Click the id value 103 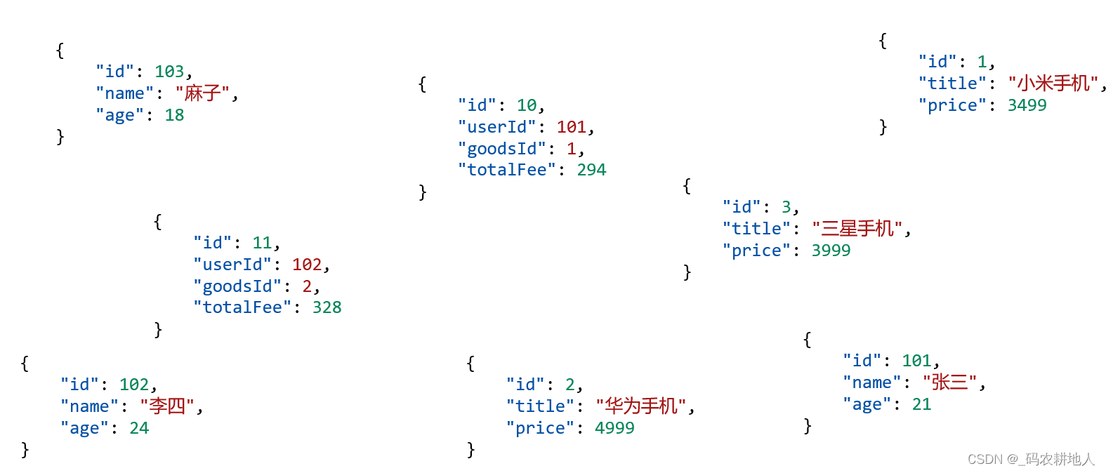point(169,72)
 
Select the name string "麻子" point(203,93)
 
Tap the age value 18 point(174,115)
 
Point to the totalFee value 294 point(591,170)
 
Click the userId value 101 point(572,127)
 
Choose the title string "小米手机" point(1053,84)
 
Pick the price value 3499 point(1027,105)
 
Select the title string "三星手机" point(857,229)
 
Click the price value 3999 point(831,251)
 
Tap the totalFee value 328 point(327,307)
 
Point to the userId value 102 point(307,265)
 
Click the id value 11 point(262,243)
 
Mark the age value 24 point(139,428)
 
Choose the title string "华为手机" point(641,406)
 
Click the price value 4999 point(614,428)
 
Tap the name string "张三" point(950,382)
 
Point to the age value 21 point(921,404)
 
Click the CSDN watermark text point(1031,459)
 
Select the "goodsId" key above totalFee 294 point(502,149)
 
